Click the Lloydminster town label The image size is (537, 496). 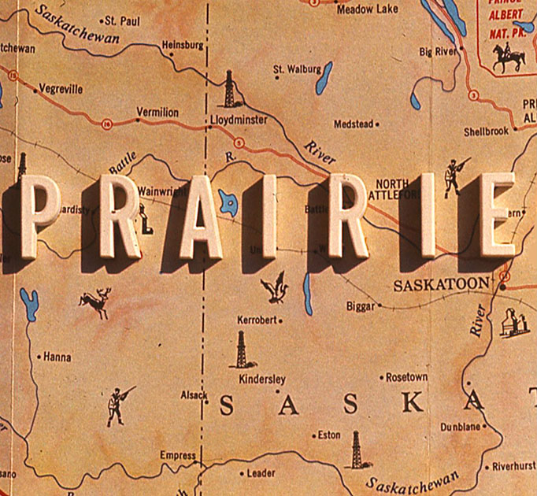pos(239,120)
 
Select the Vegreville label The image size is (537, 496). pos(61,89)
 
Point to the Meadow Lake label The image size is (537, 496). pos(367,9)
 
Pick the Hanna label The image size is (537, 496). pos(57,357)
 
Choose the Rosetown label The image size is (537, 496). pos(406,377)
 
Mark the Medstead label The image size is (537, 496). pos(354,124)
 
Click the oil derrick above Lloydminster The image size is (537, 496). pos(229,89)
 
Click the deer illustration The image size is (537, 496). pos(96,302)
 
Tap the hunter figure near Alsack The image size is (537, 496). pos(118,405)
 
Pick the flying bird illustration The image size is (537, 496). pos(276,287)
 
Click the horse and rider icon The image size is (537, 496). pos(508,57)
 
